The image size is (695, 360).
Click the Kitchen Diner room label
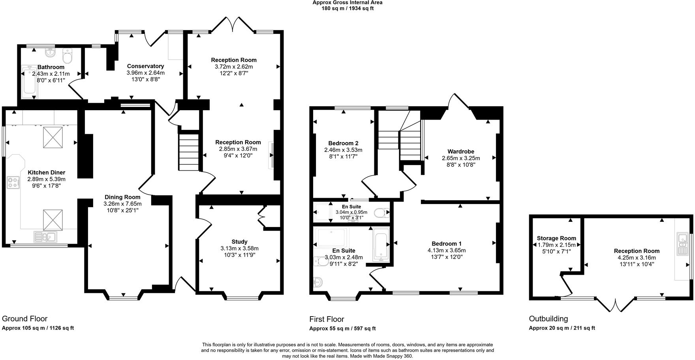pyautogui.click(x=46, y=172)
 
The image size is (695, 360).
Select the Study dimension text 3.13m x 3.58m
pyautogui.click(x=239, y=248)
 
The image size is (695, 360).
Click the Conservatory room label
pyautogui.click(x=145, y=66)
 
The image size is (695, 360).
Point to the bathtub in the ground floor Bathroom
pyautogui.click(x=30, y=82)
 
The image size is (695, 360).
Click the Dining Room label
pyautogui.click(x=122, y=197)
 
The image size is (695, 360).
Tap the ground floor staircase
pyautogui.click(x=188, y=152)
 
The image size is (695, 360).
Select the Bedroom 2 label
pyautogui.click(x=343, y=143)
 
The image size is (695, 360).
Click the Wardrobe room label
pyautogui.click(x=461, y=152)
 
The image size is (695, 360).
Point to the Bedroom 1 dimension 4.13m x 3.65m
pyautogui.click(x=446, y=250)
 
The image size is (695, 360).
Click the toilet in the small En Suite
pyautogui.click(x=380, y=214)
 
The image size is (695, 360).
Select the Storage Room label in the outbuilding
pyautogui.click(x=556, y=238)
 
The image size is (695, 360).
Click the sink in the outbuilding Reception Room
pyautogui.click(x=682, y=244)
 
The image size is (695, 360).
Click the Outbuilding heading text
pyautogui.click(x=548, y=319)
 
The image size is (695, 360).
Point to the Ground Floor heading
pyautogui.click(x=24, y=319)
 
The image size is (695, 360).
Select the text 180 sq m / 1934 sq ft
pyautogui.click(x=347, y=8)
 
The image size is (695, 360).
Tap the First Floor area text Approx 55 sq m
pyautogui.click(x=342, y=328)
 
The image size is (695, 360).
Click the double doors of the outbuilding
pyautogui.click(x=615, y=305)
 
